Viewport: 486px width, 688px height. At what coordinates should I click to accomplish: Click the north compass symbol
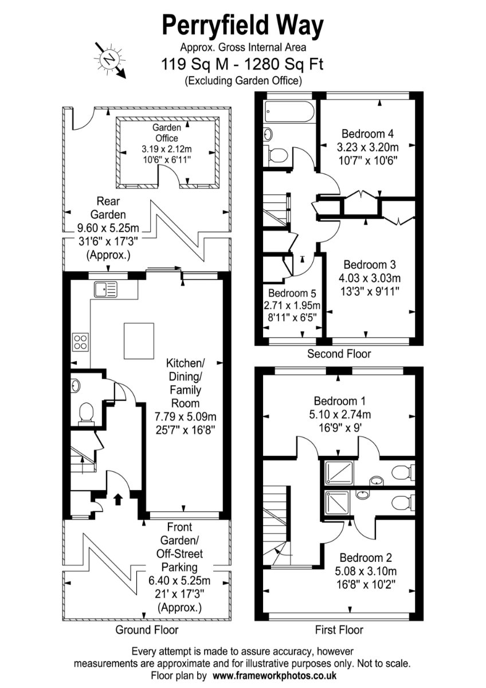tap(110, 59)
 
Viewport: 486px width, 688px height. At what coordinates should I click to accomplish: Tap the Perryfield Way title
tap(242, 26)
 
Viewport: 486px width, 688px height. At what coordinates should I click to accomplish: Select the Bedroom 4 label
tap(367, 134)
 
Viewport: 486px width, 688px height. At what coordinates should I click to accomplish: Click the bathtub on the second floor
tap(289, 112)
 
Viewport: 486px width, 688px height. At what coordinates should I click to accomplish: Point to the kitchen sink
tap(105, 290)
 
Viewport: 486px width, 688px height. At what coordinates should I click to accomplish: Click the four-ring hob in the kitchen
tap(80, 342)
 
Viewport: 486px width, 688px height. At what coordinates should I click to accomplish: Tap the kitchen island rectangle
tap(139, 341)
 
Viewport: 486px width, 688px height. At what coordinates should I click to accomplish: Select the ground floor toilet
tap(87, 414)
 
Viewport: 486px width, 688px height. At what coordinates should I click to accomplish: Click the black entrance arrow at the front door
tap(117, 499)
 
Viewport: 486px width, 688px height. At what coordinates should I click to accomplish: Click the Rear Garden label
tap(108, 208)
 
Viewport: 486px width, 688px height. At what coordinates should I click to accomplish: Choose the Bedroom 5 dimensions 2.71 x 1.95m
tap(292, 306)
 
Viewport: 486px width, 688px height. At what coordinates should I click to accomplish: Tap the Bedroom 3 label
tap(370, 265)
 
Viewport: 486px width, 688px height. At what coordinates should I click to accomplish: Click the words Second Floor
tap(339, 354)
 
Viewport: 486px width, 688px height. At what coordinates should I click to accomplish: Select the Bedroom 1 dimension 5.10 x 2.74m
tap(340, 415)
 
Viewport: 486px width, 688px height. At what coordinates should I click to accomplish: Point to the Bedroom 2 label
tap(366, 557)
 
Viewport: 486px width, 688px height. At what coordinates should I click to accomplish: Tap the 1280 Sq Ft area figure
tap(283, 64)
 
